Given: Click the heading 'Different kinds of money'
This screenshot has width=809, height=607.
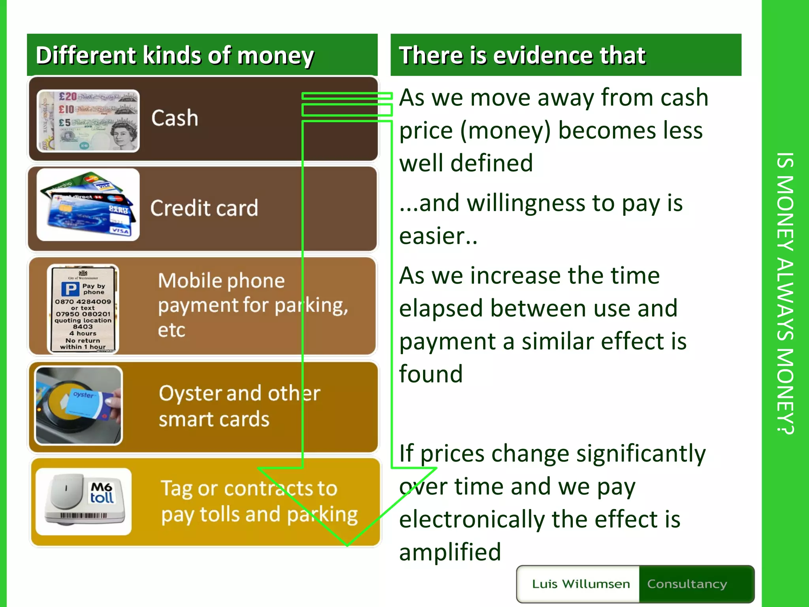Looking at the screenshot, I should click(x=175, y=55).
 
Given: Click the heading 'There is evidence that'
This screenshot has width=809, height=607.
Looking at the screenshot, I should click(x=522, y=55).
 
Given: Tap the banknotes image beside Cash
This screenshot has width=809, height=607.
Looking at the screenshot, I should click(x=88, y=121).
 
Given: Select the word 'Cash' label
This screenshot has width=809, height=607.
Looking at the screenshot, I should click(x=175, y=118).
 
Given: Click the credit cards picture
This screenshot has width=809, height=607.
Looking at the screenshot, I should click(x=88, y=205).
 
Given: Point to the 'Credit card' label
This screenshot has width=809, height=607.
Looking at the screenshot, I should click(x=204, y=208).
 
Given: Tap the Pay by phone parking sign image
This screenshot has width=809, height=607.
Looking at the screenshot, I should click(x=83, y=309).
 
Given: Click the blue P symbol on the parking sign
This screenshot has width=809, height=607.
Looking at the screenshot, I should click(x=70, y=289).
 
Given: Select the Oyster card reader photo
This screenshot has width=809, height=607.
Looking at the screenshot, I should click(x=79, y=405).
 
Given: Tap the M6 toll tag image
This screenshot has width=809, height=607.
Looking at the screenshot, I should click(x=84, y=501).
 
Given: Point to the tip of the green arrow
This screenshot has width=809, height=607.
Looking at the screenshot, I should click(x=347, y=545).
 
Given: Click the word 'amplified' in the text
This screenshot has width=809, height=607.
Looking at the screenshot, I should click(x=450, y=552).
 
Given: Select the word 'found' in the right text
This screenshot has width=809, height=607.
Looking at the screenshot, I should click(x=431, y=374).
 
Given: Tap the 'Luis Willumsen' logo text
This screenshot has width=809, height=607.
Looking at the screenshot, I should click(x=581, y=584).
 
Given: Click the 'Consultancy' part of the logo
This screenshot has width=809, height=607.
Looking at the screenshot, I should click(x=687, y=584).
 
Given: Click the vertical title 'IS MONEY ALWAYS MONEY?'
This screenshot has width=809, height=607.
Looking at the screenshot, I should click(x=785, y=293).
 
